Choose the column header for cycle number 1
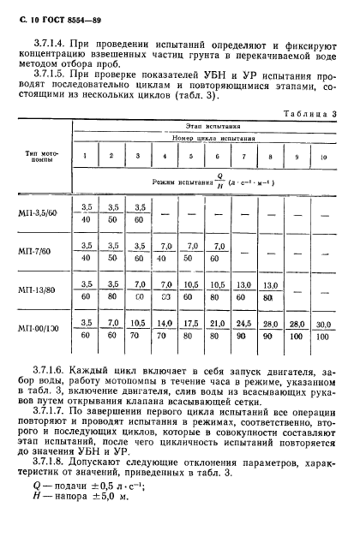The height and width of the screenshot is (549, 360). (85, 155)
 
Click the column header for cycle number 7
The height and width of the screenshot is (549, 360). (244, 156)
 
